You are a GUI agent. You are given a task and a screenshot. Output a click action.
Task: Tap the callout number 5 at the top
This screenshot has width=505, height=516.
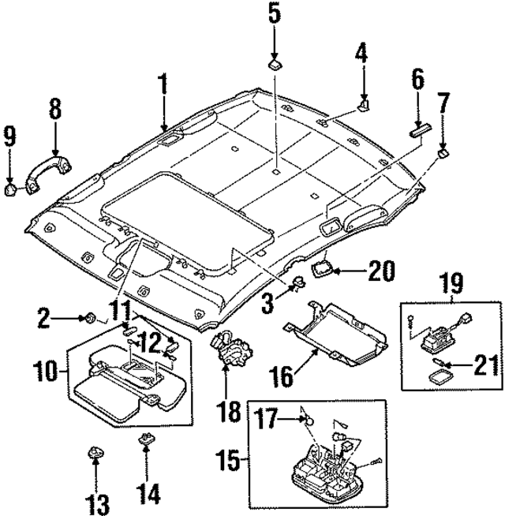point(273,13)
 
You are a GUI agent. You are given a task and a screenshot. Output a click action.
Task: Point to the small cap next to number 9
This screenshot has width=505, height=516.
point(13,189)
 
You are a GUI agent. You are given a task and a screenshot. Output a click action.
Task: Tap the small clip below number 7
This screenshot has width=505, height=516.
point(443,151)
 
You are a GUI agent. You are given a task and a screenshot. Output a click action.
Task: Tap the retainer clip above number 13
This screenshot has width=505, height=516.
point(94,455)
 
